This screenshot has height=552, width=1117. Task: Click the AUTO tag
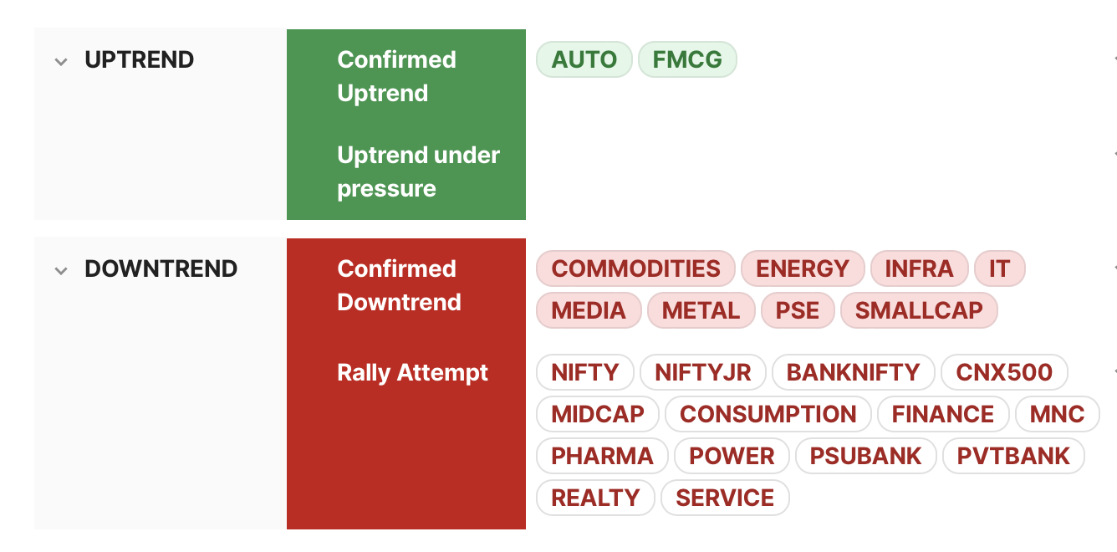[584, 59]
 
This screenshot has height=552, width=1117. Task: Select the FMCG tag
[687, 59]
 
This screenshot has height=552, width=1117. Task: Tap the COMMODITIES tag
[635, 268]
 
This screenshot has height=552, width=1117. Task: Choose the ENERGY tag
[803, 268]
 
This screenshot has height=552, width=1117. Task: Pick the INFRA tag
[919, 268]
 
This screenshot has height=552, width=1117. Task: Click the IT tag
[999, 268]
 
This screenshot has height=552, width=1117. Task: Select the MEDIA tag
[589, 310]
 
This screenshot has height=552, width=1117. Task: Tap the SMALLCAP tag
[919, 310]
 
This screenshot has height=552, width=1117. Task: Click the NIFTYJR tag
[702, 372]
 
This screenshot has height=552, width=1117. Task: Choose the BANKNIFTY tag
[853, 372]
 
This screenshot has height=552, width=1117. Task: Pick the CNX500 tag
[1004, 372]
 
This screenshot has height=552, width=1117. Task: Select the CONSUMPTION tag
[768, 414]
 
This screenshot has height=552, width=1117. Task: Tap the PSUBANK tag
[865, 457]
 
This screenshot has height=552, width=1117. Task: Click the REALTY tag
[595, 498]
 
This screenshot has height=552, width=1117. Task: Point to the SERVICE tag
[725, 498]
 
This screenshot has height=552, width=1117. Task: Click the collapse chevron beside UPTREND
[61, 62]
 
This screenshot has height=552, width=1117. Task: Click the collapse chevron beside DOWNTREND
[61, 271]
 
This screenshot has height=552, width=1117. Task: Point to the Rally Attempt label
[412, 373]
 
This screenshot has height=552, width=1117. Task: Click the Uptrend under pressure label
[418, 171]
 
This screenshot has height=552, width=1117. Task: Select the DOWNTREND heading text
[161, 268]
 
